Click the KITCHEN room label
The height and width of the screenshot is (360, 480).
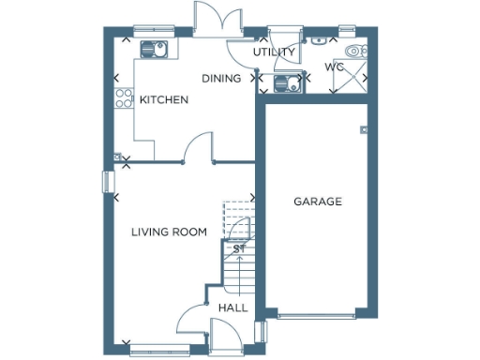pos(164,99)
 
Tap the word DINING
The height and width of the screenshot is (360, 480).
pos(221,79)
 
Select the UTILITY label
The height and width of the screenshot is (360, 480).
pos(275,52)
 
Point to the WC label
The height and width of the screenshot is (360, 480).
pos(335,67)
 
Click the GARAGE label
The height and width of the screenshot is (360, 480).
pos(318,202)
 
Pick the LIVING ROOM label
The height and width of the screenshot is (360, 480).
pos(169,232)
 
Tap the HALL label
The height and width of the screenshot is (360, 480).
pos(232,307)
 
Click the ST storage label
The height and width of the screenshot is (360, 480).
pos(239,248)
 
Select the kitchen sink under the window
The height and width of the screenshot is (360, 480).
pos(153,49)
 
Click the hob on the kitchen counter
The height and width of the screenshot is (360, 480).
pos(123,99)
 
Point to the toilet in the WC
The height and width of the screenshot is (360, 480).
pos(353,52)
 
